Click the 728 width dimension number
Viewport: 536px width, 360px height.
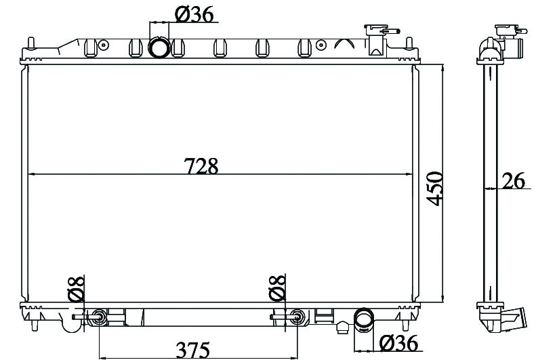201,166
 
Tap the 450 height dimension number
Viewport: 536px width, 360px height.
435,188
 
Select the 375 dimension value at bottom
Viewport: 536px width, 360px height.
193,349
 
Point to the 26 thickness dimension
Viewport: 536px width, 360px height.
514,180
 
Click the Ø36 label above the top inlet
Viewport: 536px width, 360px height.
194,14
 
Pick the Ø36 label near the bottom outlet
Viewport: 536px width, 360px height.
398,343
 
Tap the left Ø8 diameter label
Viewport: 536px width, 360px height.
76,289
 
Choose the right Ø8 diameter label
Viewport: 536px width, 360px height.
277,287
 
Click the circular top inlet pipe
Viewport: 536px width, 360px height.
159,47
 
